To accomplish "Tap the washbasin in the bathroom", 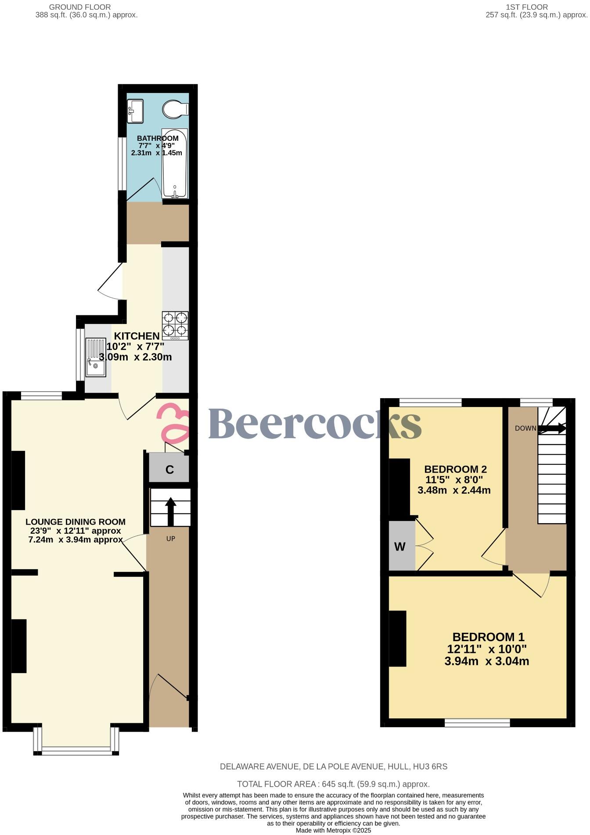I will coord(135,111).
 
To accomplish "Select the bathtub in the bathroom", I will coord(175,163).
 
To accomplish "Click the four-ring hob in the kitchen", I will coord(175,325).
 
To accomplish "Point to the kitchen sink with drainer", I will coord(96,357).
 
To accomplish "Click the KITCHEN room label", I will coord(137,336).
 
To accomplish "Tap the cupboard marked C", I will coord(169,470).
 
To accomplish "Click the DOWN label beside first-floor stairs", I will coord(525,428).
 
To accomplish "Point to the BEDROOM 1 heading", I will coord(488,637).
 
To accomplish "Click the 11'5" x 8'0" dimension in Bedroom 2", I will coord(454,480).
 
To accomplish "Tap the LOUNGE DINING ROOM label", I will coord(76,522).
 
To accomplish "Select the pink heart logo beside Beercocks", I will coord(174,423).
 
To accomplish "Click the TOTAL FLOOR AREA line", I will coord(333,784).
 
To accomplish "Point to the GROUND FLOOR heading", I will coord(80,7).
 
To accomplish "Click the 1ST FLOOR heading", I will coord(527,7).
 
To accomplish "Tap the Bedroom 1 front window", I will coord(477,723).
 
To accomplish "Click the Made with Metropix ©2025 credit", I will coord(333,831).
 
